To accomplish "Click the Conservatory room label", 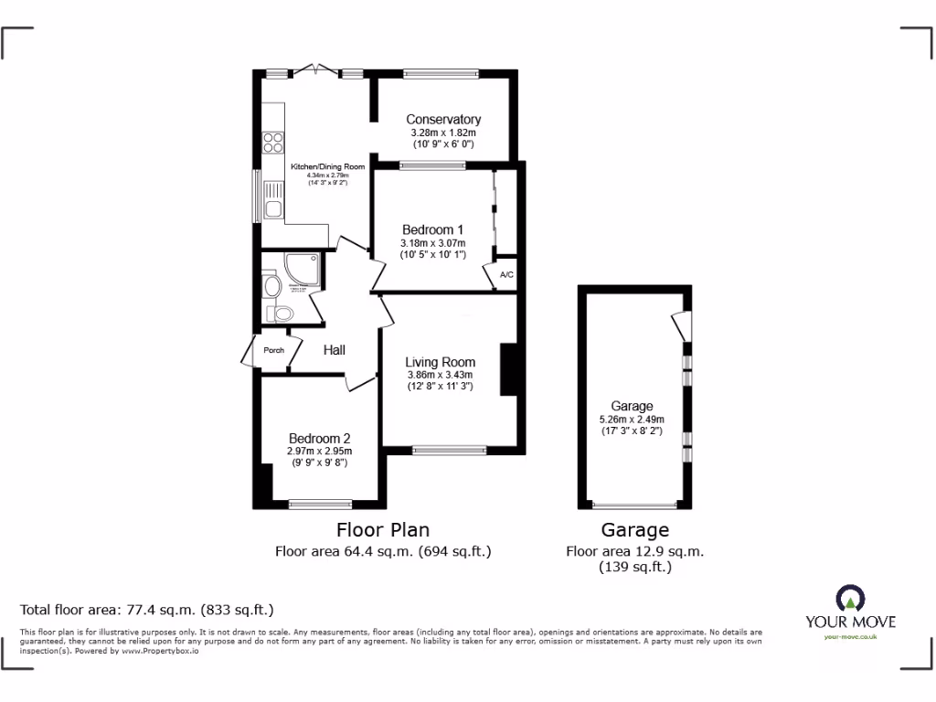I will pos(443,120).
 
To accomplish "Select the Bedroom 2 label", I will pos(320,438).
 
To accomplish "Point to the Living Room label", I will pos(440,361).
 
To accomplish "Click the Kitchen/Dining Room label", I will pos(327,166).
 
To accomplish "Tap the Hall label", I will pos(334,349).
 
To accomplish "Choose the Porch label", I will pos(273,350).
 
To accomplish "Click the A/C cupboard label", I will pos(505,275).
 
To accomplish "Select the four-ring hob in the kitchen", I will pos(272,143).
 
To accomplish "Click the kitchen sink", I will pos(273,202).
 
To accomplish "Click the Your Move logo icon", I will pos(850,600).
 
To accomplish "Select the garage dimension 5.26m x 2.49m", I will pos(632,420).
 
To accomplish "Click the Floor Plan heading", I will pos(383,529).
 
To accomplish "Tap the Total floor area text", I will pos(147,609).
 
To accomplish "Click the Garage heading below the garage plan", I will pos(634,529).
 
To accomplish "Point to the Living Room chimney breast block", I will pos(508,369).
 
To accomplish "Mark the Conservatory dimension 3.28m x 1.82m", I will pos(443,133).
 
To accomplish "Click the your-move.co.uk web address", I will pos(850,637).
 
